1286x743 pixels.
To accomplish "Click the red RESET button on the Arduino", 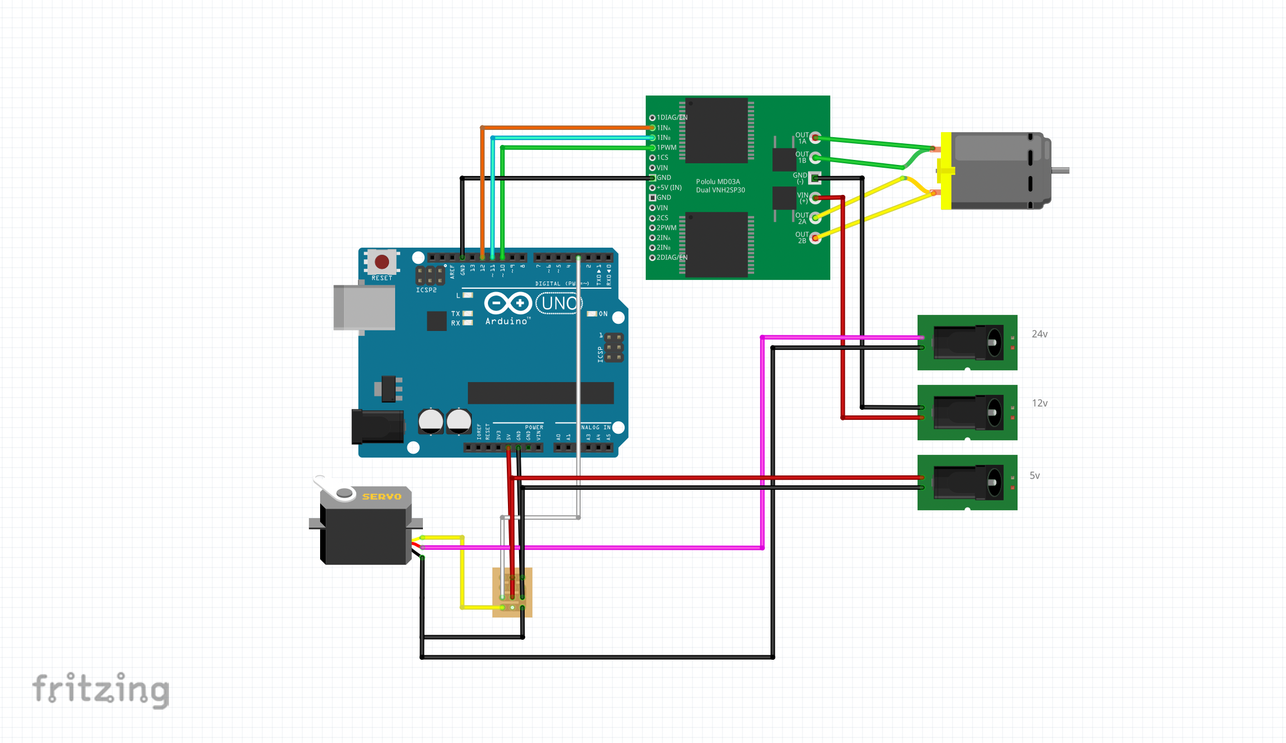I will [382, 262].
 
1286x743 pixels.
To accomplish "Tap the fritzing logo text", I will [101, 690].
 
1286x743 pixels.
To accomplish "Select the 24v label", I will [1039, 334].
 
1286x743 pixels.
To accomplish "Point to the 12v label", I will [1039, 403].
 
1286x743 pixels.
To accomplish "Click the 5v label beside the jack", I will [1034, 476].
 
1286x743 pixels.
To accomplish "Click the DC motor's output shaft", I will [1060, 170].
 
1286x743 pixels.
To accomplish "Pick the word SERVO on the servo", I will [381, 496].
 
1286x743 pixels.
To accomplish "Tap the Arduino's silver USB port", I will [364, 307].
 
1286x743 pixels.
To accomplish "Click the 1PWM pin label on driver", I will [666, 148].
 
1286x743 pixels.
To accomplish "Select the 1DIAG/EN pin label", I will [672, 118].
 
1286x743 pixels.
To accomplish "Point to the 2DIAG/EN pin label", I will [672, 258].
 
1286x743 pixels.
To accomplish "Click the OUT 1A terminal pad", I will [815, 138].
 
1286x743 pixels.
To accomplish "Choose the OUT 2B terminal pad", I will [815, 238].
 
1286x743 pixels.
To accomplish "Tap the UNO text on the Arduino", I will [559, 304].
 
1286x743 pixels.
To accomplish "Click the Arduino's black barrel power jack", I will [378, 426].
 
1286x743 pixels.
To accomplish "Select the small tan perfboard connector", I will [512, 592].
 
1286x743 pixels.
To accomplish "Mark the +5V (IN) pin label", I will [669, 188].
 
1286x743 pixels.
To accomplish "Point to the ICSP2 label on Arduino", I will [426, 290].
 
